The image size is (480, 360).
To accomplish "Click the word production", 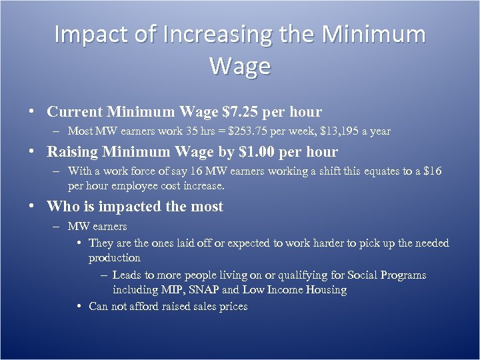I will (x=115, y=258).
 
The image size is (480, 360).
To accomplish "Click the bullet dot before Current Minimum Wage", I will (x=32, y=112).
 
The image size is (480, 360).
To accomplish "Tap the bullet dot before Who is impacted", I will (x=32, y=207).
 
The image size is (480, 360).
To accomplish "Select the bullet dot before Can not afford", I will (x=79, y=307).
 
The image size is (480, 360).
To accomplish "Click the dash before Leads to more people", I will (x=105, y=275).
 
